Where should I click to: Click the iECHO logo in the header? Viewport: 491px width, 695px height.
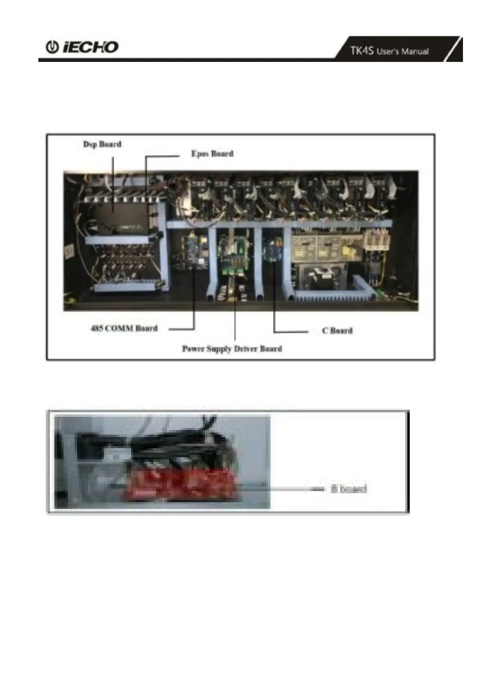click(x=82, y=47)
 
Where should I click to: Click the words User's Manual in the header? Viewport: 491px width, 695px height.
click(x=402, y=52)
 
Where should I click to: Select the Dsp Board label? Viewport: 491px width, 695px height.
click(x=102, y=144)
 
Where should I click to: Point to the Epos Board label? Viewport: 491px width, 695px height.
click(x=212, y=154)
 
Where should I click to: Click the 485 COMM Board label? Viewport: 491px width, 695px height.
click(x=124, y=329)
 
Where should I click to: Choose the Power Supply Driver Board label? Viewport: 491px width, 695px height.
click(x=232, y=349)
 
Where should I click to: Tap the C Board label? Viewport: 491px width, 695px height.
click(x=337, y=331)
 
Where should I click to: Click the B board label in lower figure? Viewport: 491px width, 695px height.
click(x=348, y=489)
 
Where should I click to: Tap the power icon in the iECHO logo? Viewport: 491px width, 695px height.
click(x=52, y=47)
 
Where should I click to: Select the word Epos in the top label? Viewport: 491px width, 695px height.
click(x=200, y=154)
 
